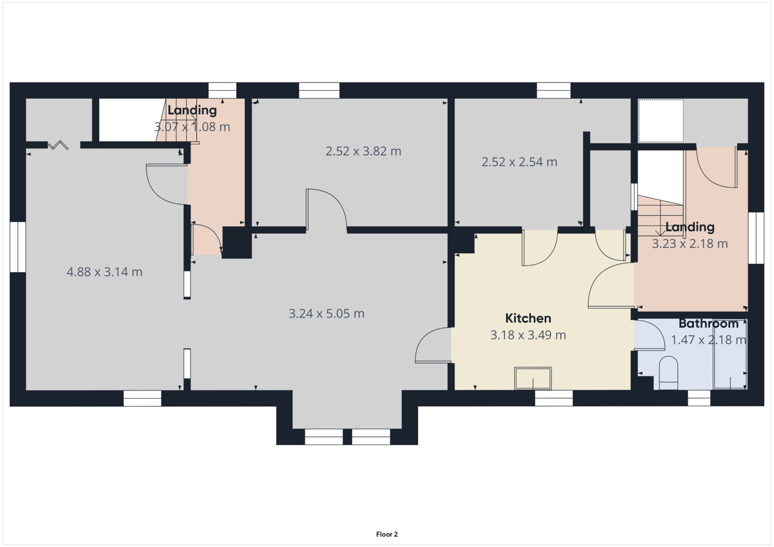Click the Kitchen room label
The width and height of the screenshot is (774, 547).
pos(528,318)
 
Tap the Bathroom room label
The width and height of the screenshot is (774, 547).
pos(708,323)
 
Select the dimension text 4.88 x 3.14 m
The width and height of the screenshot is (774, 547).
pos(104,272)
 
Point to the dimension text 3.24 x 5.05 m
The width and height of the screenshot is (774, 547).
pos(326,314)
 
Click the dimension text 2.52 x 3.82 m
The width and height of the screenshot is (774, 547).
pos(363,151)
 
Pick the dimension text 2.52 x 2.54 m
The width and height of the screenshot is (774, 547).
pos(519,162)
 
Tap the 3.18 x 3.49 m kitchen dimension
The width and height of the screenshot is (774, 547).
pos(528,335)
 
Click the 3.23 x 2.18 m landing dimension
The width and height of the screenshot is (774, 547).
pos(689,244)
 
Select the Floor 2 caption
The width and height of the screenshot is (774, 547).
pos(387,534)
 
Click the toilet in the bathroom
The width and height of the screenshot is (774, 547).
pos(669,373)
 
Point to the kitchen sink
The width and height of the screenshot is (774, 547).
pos(533,378)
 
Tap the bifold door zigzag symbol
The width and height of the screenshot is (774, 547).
pos(58,145)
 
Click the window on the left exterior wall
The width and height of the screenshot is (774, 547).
pos(18,247)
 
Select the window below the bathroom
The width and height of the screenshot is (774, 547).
pos(699,398)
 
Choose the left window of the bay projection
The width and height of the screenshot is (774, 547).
pos(323,437)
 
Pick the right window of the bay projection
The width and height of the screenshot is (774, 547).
pos(371,437)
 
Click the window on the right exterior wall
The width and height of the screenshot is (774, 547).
pos(756,238)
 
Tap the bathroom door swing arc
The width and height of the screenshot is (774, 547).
pos(651,334)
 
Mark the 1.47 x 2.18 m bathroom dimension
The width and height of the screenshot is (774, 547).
pos(708,340)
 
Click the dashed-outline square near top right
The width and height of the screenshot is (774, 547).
pos(660,121)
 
